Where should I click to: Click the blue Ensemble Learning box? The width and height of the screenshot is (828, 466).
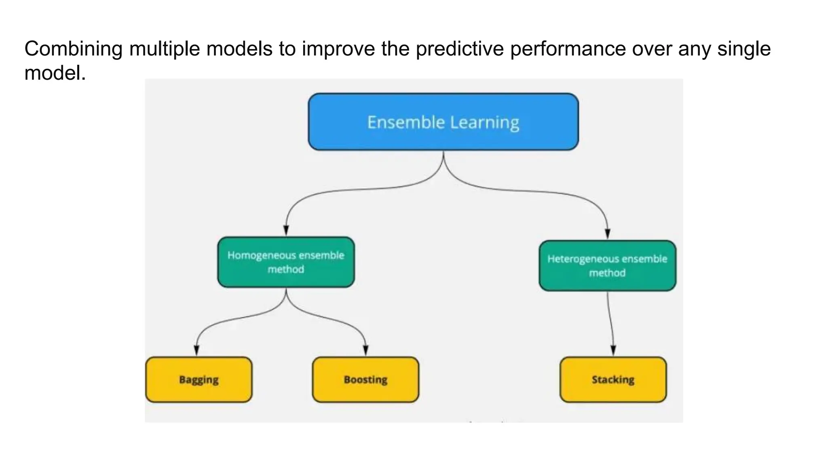tap(443, 122)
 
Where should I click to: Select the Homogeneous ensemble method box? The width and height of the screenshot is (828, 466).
tap(286, 262)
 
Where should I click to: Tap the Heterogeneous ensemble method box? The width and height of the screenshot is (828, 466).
tap(607, 266)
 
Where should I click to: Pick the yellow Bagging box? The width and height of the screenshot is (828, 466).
tap(199, 379)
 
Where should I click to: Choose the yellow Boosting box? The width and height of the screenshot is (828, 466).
tap(365, 379)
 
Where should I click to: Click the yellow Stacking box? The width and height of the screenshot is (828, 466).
tap(613, 379)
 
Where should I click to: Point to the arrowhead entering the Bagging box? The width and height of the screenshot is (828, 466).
tap(196, 351)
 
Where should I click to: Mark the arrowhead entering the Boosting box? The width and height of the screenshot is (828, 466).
tap(365, 351)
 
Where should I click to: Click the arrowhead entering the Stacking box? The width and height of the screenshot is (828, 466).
tap(613, 351)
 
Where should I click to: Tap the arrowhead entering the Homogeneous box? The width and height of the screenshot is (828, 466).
tap(286, 231)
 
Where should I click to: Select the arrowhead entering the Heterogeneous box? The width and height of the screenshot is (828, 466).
tap(607, 234)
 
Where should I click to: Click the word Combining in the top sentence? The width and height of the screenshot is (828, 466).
tap(73, 49)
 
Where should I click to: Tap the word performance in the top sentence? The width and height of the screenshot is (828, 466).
tap(568, 49)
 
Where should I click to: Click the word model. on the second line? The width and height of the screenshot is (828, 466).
tap(55, 74)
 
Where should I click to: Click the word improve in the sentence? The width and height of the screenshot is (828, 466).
tap(338, 49)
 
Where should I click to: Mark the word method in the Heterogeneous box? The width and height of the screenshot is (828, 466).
tap(607, 273)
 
